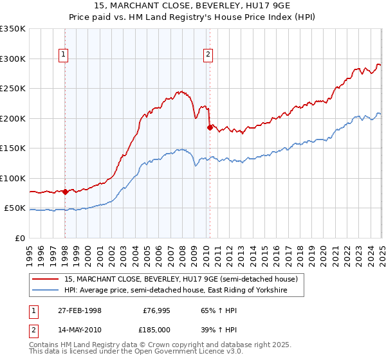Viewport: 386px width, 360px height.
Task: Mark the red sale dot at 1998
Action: click(65, 192)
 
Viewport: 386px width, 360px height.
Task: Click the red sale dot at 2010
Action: click(209, 127)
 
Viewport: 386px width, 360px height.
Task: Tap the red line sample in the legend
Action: click(46, 280)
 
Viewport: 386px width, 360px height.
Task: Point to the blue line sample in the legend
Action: click(46, 291)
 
